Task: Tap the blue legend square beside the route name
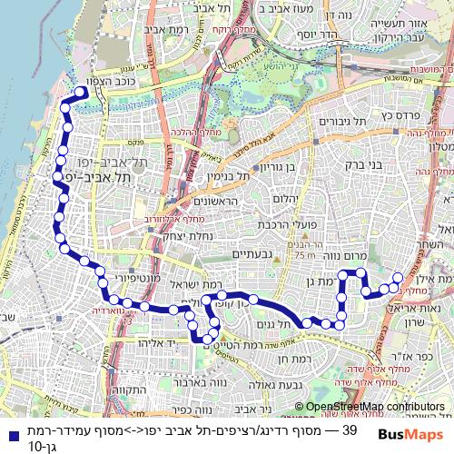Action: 9,434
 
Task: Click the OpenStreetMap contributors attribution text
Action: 375,406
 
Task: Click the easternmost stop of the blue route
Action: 397,278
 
